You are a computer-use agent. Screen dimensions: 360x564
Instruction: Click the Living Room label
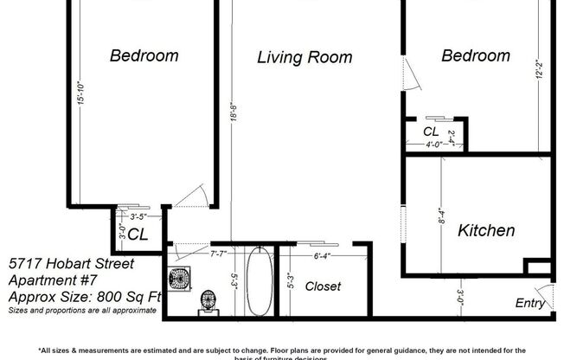click(304, 58)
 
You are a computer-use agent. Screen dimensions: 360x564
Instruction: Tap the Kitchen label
click(486, 231)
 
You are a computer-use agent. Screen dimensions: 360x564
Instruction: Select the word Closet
click(323, 286)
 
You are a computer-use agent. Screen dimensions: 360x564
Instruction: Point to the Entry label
click(530, 303)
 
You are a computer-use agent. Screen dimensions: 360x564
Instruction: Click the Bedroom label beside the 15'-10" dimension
click(144, 56)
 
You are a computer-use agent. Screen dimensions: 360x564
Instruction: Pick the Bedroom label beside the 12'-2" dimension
click(476, 56)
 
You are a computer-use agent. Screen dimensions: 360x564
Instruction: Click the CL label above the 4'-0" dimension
click(430, 132)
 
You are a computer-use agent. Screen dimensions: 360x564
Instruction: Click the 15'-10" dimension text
click(80, 93)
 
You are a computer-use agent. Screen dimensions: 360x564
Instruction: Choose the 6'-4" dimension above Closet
click(322, 256)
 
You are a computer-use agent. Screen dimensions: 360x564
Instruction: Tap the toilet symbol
click(208, 302)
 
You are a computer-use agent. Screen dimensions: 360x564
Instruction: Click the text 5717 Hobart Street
click(71, 263)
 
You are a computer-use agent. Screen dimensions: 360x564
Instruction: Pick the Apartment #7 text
click(54, 280)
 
